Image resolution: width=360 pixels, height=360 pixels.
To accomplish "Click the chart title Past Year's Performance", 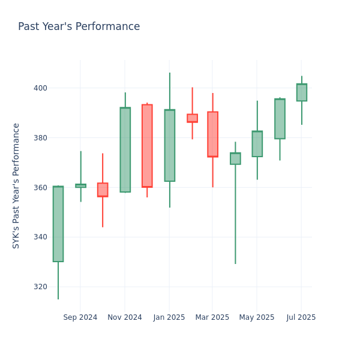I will (x=79, y=27).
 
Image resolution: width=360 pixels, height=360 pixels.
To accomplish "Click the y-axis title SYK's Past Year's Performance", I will (x=16, y=185).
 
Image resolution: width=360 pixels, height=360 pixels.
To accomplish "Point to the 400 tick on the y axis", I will (x=40, y=88).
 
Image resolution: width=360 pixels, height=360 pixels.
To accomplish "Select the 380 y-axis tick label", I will (x=40, y=138).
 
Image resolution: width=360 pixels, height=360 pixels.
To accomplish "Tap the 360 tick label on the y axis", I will (x=40, y=188).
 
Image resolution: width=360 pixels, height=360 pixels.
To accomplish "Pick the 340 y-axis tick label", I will (x=40, y=237).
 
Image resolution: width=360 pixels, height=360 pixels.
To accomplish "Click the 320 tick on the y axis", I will (x=40, y=287).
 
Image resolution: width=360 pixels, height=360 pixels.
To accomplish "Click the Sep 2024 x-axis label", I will (x=80, y=317).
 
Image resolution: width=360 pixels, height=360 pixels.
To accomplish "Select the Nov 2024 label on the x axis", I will (x=125, y=317).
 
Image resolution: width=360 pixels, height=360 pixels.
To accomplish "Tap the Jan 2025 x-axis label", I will (x=169, y=317).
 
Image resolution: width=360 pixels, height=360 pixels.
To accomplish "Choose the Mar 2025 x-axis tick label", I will (x=212, y=317).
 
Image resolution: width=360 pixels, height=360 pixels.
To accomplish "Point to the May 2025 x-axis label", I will (x=257, y=317).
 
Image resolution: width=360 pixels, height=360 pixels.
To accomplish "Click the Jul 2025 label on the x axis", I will (x=301, y=317).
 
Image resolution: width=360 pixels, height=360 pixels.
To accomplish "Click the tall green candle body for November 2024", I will (x=125, y=150).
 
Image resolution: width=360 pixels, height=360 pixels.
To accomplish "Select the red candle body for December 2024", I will (x=147, y=146).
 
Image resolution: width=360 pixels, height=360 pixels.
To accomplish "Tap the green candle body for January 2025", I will (x=170, y=145).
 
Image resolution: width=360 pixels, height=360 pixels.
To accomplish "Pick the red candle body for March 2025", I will (x=212, y=134).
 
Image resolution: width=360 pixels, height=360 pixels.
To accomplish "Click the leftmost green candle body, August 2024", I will (x=58, y=224).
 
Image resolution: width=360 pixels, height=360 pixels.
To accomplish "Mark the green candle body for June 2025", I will (x=280, y=119).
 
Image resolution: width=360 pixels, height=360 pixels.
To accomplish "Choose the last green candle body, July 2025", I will (x=302, y=92).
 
